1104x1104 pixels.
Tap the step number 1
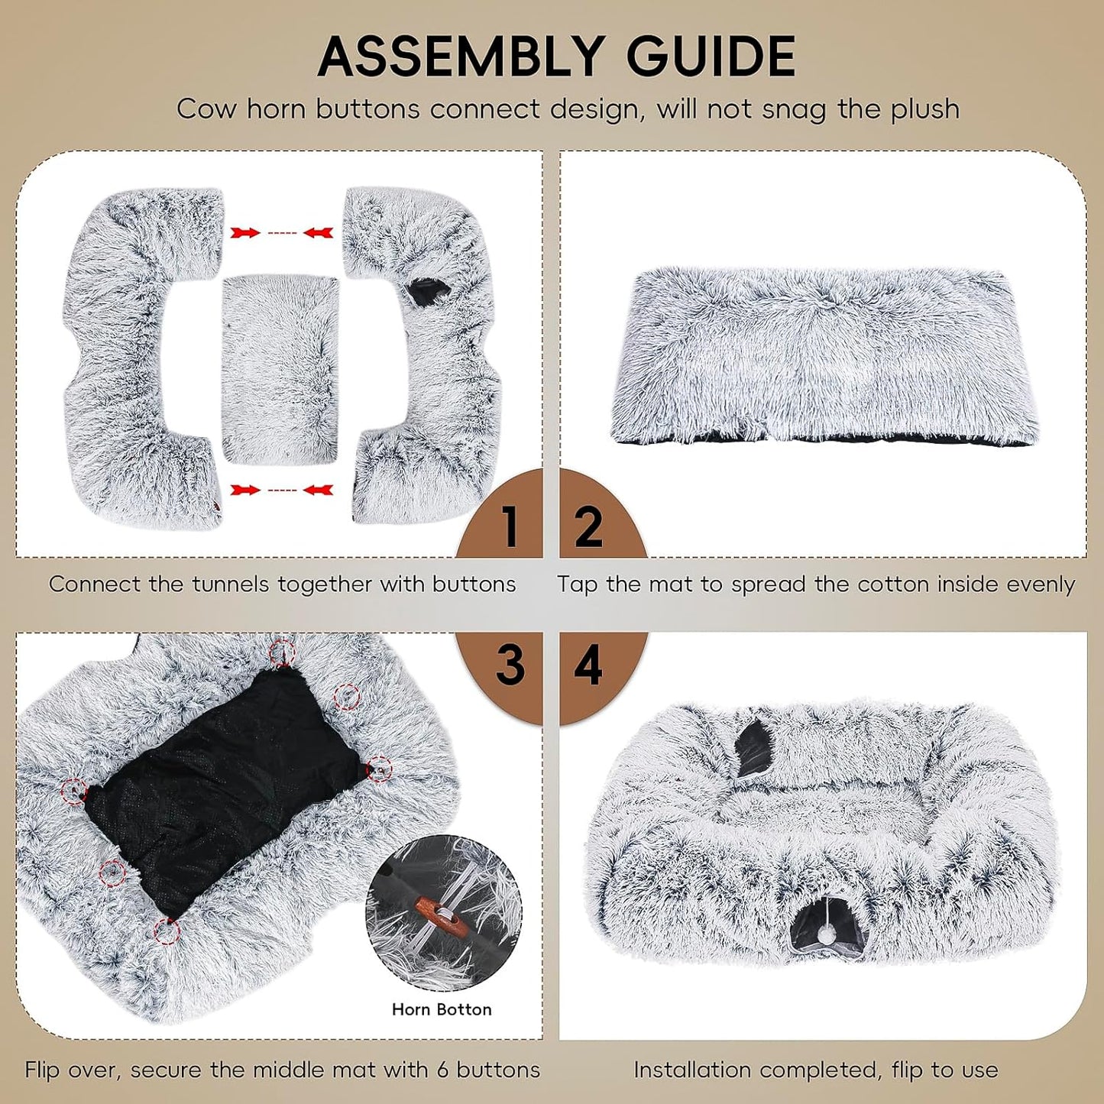tap(510, 526)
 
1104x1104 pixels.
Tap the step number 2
tap(588, 526)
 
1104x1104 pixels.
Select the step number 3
tap(510, 665)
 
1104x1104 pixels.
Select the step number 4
tap(588, 665)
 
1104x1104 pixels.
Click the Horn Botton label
tap(442, 1009)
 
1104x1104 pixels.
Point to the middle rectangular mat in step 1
tap(280, 367)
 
